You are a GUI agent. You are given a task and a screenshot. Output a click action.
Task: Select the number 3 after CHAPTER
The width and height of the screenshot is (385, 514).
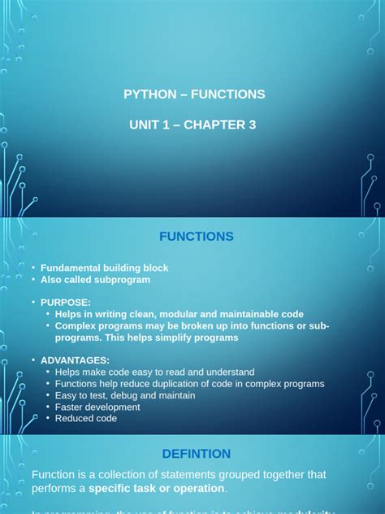point(253,124)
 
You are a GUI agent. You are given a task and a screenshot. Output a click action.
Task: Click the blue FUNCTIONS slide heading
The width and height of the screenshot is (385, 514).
point(196,237)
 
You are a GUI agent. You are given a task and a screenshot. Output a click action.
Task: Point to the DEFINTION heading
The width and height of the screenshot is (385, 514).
point(196,454)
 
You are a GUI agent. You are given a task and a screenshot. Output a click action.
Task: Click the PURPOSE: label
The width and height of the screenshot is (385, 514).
point(66,303)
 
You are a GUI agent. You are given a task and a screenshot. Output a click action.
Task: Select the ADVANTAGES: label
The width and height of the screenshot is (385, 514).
point(75,360)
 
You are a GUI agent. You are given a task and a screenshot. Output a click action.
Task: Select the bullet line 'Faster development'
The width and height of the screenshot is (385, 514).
point(97,407)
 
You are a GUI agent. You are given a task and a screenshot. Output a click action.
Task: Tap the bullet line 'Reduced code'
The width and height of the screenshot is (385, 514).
point(86,418)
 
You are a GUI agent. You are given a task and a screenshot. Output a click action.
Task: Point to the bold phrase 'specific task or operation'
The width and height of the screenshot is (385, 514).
point(156,489)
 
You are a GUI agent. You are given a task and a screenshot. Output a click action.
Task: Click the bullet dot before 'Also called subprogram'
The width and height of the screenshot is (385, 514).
point(33,280)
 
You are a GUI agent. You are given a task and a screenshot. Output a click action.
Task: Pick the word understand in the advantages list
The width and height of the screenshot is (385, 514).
point(227,372)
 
